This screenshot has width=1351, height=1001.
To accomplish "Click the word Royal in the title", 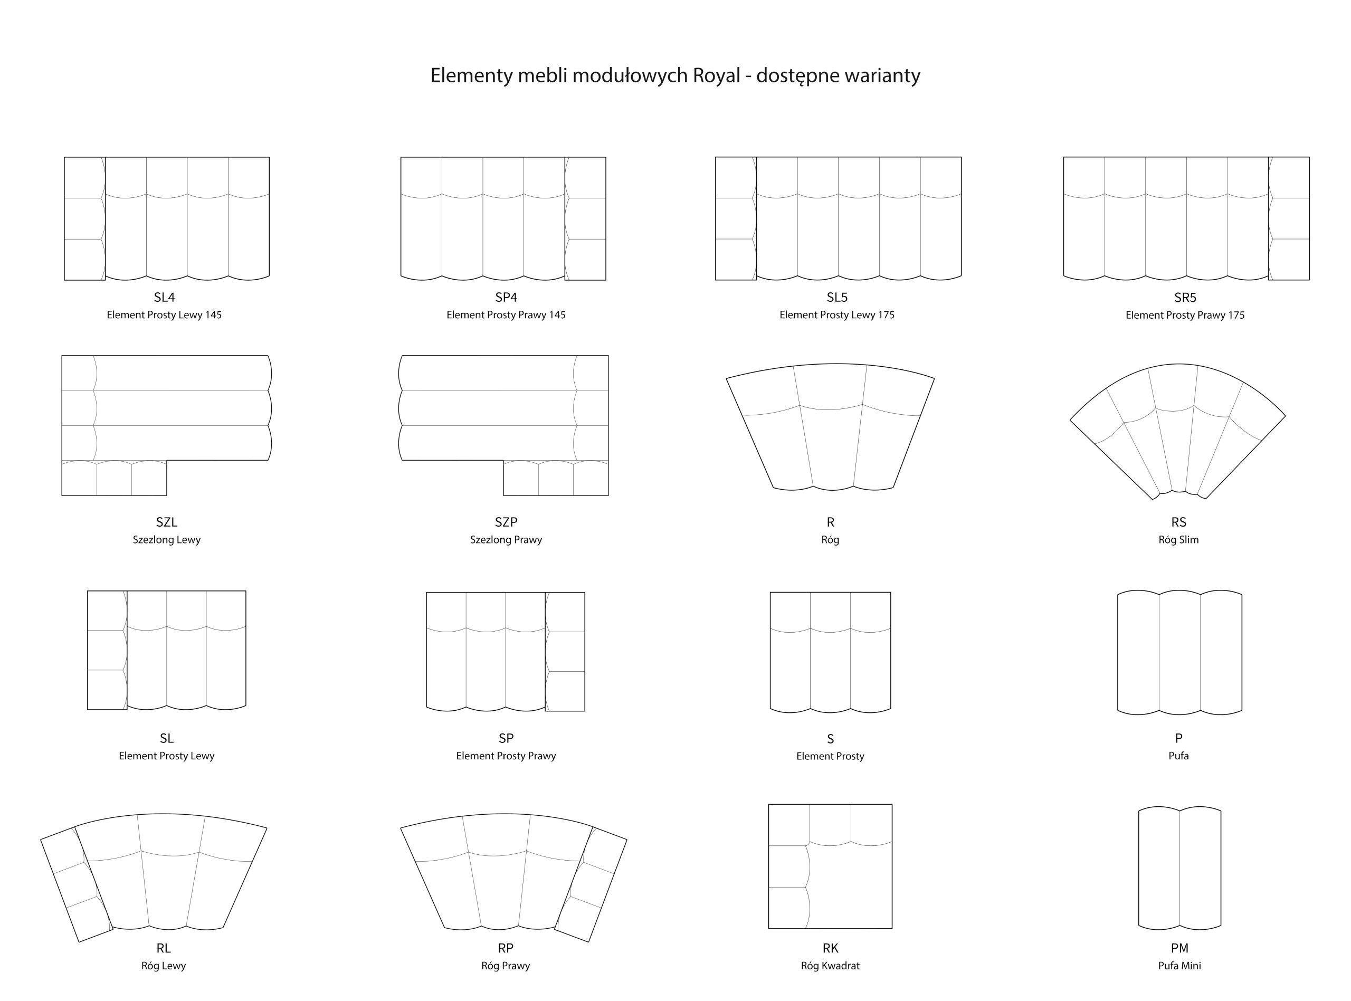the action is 717,76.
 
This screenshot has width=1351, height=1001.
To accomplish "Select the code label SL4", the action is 164,298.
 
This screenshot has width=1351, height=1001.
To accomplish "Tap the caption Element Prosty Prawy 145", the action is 506,315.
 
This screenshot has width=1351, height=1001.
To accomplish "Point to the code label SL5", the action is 838,298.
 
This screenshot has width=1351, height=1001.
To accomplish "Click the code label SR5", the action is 1185,298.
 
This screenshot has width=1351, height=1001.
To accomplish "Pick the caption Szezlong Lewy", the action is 167,540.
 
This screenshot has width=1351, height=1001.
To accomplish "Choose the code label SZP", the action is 506,522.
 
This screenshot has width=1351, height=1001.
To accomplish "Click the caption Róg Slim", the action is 1178,540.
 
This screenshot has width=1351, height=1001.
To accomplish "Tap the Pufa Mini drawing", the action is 1179,869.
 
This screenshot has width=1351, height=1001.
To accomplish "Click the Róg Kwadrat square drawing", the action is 830,866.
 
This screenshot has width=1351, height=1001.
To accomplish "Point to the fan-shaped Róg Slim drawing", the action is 1178,432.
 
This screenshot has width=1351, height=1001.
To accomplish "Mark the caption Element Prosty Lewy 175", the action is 836,315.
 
